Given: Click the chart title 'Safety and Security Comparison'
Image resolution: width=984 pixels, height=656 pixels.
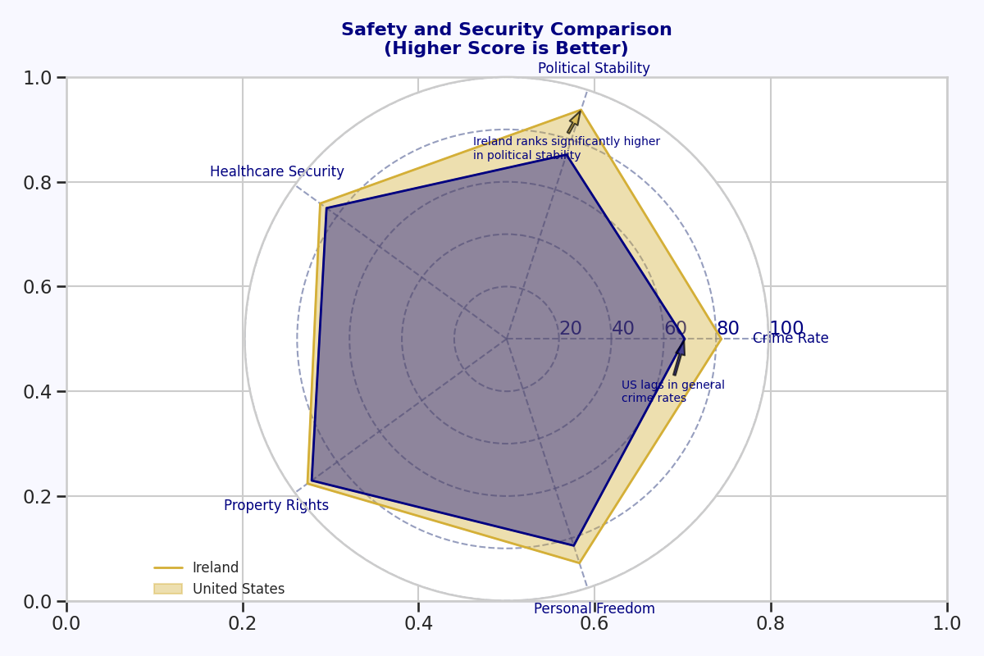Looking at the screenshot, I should (x=506, y=30).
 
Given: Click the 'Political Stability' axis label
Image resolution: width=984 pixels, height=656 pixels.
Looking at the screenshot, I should (x=594, y=69).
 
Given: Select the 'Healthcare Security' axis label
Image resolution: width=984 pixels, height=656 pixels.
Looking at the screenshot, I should (x=277, y=172).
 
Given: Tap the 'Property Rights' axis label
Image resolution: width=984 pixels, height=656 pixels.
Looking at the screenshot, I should (x=276, y=506).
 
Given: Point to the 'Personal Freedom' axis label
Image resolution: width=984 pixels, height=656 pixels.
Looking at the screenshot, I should (x=594, y=608).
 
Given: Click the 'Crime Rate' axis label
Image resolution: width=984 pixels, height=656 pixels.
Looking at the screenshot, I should (x=790, y=339).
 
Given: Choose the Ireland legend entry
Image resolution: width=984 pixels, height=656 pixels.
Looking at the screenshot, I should (x=215, y=567).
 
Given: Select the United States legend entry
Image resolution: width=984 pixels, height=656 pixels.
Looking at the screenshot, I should (x=238, y=589).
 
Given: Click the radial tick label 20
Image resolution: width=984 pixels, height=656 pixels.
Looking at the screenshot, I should (x=571, y=329).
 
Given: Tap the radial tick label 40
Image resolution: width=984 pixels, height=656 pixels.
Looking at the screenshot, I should (x=623, y=329).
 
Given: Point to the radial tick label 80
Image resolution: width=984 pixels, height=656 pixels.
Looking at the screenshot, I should (x=728, y=329).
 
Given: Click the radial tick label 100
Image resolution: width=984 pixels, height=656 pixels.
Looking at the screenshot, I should (x=786, y=329).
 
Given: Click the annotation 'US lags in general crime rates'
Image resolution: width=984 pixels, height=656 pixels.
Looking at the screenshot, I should (x=672, y=392).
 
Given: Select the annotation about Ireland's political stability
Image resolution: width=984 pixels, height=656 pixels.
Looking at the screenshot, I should (x=566, y=148).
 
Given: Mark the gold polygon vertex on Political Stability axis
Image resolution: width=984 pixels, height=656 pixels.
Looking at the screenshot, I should (x=581, y=110).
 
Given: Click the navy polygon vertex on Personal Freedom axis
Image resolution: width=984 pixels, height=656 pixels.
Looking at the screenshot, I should (x=574, y=545).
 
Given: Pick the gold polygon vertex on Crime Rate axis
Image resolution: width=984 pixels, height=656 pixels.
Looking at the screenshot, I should (x=722, y=339).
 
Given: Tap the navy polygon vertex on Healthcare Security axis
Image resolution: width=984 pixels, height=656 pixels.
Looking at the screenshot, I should (x=326, y=207).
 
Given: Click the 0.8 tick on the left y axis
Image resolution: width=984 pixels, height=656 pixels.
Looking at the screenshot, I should (x=37, y=182).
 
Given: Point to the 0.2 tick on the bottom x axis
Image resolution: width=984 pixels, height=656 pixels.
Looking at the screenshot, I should (x=243, y=623).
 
